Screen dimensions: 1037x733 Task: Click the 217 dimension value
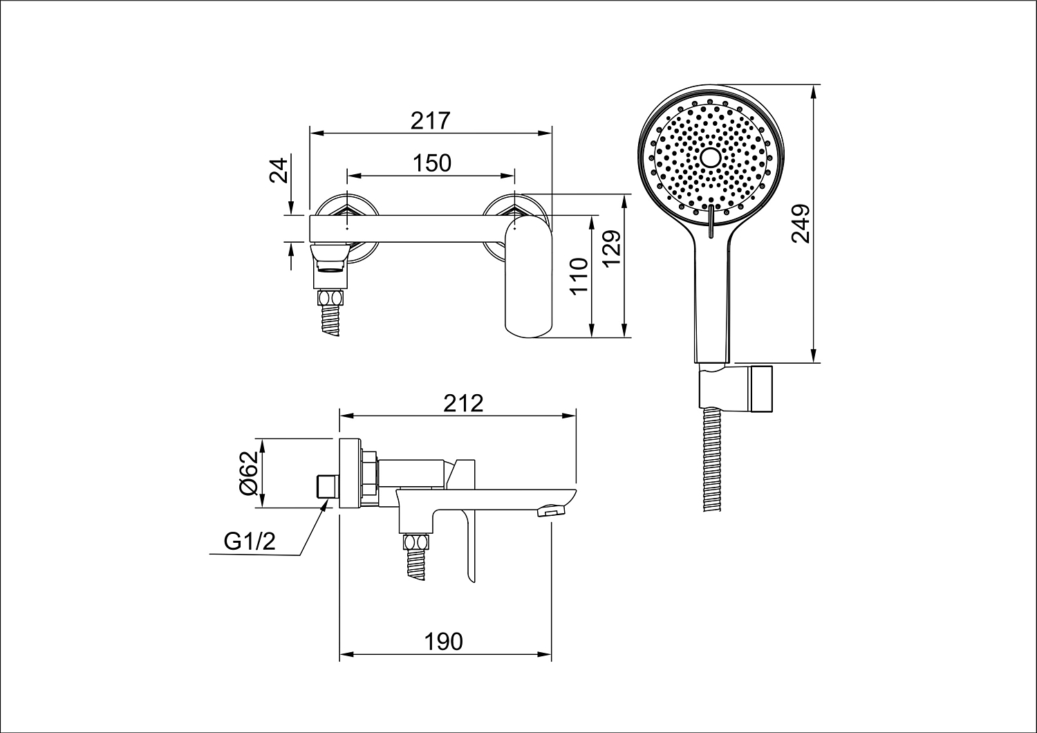point(430,121)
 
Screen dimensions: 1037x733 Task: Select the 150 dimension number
point(431,163)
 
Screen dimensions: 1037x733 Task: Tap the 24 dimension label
point(279,170)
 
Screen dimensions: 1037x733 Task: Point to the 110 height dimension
point(579,277)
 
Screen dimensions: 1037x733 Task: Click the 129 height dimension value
point(611,248)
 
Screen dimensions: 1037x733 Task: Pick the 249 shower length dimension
point(800,223)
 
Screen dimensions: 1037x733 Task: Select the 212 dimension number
point(463,403)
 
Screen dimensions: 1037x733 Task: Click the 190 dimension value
point(444,642)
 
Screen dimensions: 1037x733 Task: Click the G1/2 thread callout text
point(250,541)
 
